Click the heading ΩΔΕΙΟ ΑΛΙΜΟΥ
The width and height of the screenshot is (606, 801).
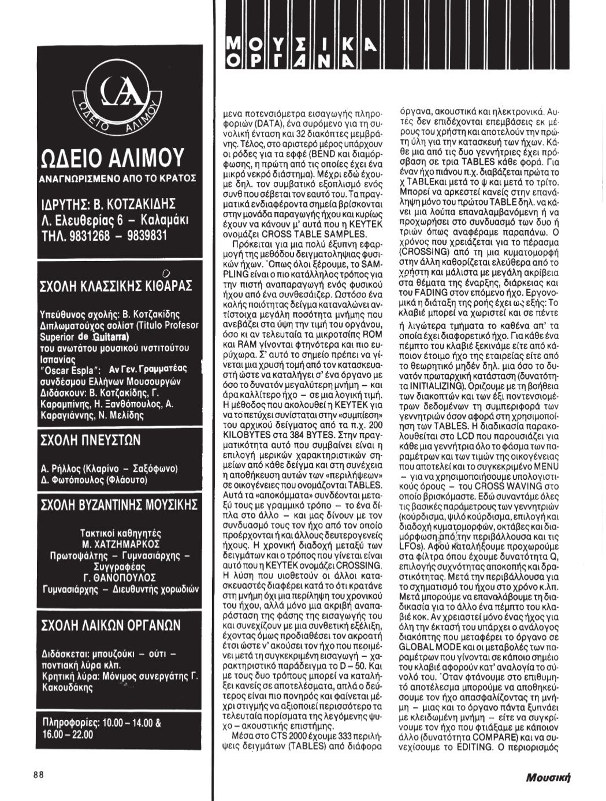113,157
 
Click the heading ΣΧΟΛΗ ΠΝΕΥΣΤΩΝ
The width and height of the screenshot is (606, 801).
90,441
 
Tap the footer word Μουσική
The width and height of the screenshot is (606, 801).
548,777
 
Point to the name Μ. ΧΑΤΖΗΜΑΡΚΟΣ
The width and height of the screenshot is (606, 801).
121,544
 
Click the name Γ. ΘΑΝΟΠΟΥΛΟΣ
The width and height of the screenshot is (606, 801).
120,577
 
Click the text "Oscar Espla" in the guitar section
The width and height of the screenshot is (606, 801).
72,369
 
